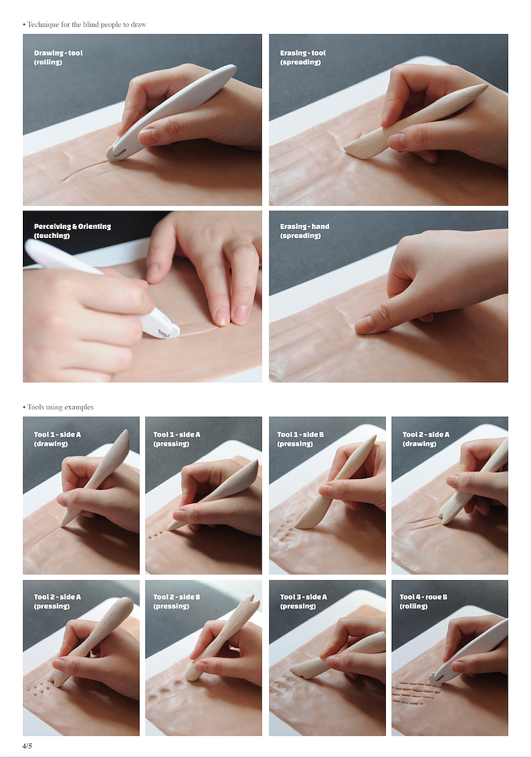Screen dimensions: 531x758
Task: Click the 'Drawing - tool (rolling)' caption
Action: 58,57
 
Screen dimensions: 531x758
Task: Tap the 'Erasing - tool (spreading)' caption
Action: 303,57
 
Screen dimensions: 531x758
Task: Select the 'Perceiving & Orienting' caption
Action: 72,227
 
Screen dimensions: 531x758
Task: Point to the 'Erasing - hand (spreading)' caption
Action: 305,231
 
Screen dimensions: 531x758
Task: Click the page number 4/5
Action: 27,745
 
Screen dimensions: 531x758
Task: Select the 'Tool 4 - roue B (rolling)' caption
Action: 423,601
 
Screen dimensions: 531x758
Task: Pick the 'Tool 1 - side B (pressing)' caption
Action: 300,439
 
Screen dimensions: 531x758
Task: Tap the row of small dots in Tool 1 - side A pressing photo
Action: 157,535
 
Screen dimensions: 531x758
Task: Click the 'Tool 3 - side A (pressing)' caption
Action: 303,601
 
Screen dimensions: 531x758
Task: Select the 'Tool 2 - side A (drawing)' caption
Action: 426,439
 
